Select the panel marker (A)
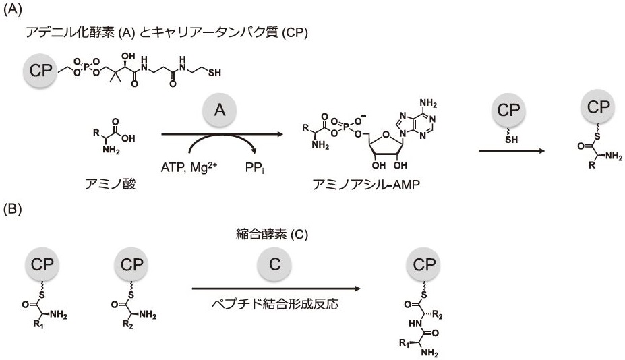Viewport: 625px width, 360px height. [x=13, y=11]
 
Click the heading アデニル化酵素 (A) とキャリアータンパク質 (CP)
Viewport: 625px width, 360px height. [x=166, y=32]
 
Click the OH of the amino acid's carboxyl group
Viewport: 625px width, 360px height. [x=128, y=138]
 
